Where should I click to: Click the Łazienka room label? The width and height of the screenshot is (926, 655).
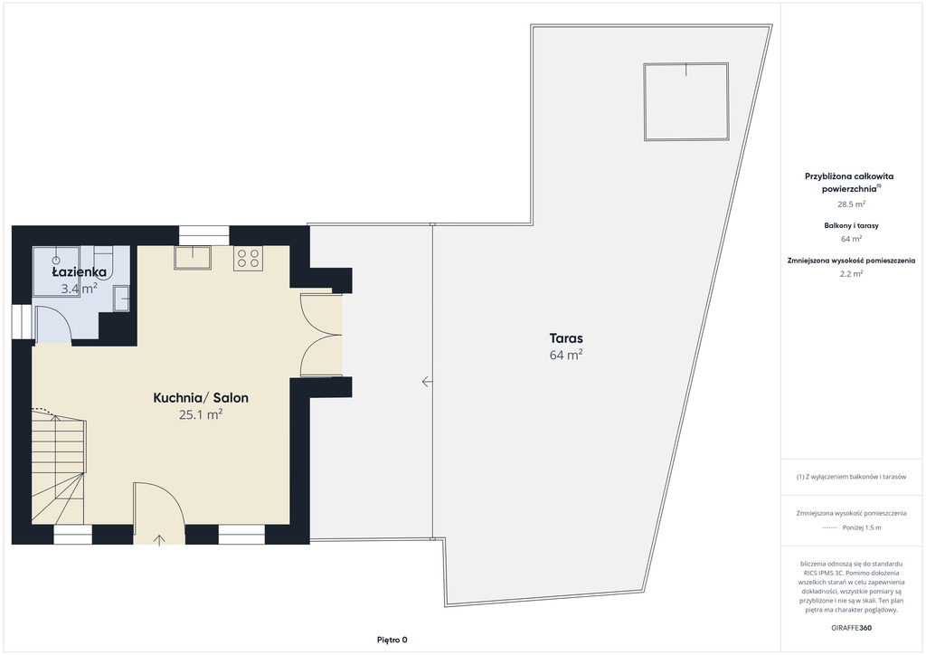[80, 272]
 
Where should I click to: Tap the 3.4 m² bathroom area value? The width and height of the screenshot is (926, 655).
[80, 289]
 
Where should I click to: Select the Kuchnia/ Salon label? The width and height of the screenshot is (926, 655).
[201, 397]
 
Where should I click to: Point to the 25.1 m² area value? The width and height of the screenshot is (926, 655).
[201, 414]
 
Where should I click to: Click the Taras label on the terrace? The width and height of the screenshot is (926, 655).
[566, 338]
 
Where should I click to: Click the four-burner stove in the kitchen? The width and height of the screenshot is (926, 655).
[248, 258]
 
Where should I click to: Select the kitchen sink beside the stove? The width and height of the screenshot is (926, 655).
[193, 258]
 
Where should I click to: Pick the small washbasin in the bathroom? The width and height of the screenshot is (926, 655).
[122, 299]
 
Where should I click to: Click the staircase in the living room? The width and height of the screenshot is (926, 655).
[59, 467]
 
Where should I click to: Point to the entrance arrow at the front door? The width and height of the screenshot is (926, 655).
[159, 539]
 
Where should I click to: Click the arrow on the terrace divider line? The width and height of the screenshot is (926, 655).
[427, 382]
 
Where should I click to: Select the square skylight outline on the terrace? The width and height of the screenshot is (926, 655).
[686, 101]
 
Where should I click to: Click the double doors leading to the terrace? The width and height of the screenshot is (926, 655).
[321, 335]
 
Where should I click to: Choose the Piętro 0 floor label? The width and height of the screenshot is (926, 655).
[392, 640]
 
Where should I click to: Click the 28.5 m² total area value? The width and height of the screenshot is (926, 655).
[851, 204]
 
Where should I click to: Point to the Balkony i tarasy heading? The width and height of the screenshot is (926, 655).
[851, 225]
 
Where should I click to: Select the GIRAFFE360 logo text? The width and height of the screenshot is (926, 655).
[851, 628]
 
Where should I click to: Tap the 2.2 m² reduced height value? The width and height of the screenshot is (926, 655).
[851, 273]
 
